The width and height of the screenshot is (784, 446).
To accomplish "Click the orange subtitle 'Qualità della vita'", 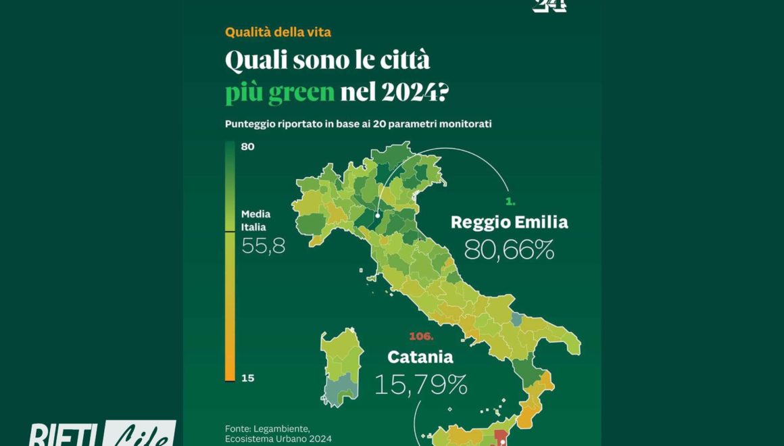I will click(278, 32).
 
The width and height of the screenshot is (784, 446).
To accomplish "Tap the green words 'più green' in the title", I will click(280, 92).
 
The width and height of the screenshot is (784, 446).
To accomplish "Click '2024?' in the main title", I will click(414, 92).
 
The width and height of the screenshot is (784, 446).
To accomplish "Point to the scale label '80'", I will click(247, 146).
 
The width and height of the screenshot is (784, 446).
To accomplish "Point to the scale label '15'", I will click(247, 378).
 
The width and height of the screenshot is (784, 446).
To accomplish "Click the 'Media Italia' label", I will click(256, 220).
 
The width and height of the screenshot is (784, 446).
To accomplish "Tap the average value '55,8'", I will click(263, 246).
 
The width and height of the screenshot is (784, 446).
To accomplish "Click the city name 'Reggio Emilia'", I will click(509, 222).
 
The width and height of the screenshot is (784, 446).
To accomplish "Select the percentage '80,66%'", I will click(509, 250).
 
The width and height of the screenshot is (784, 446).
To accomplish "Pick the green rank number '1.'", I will click(511, 201).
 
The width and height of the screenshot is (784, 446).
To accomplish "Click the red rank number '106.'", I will click(421, 336).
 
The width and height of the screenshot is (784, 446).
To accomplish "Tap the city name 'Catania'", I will click(420, 356).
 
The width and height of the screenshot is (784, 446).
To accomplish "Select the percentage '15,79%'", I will click(420, 385).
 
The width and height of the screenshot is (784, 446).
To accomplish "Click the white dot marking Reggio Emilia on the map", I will click(377, 216).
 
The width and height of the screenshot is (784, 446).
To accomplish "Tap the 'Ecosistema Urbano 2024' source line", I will click(278, 439).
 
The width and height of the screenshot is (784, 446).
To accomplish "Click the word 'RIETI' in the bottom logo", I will click(64, 435).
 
